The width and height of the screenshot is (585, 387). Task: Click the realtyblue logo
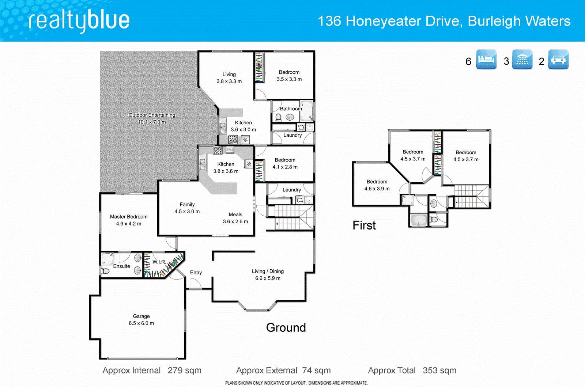click(79, 21)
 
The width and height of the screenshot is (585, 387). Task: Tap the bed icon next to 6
click(486, 59)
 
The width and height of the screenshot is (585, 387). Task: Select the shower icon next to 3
click(522, 59)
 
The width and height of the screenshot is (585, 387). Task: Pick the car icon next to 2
click(558, 59)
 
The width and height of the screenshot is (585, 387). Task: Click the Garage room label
click(141, 316)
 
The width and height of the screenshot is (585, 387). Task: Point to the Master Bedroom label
click(129, 217)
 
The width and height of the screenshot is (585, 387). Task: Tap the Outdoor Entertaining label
click(152, 115)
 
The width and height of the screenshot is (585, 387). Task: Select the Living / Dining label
click(268, 271)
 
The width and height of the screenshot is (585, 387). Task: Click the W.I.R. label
click(159, 262)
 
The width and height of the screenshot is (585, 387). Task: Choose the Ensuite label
click(121, 266)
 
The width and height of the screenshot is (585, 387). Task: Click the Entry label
click(196, 273)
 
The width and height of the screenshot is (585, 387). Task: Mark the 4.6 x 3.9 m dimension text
click(377, 189)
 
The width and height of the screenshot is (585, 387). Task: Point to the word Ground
click(286, 327)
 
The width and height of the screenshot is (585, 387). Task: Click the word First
click(364, 225)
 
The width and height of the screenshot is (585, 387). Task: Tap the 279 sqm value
click(185, 370)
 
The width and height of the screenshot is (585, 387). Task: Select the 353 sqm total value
click(439, 370)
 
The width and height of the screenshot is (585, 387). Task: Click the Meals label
click(235, 215)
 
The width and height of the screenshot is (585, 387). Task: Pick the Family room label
click(187, 205)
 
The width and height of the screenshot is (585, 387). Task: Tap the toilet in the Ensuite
click(105, 271)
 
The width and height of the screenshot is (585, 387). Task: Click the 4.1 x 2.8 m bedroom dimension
click(285, 167)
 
